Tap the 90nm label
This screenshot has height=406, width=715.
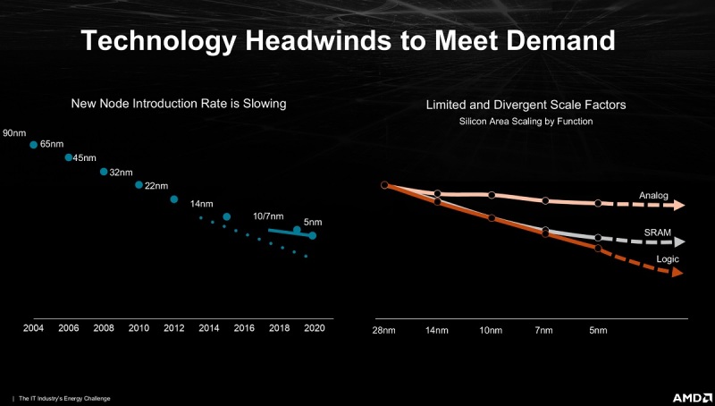coord(13,133)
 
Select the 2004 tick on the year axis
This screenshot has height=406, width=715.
coord(33,329)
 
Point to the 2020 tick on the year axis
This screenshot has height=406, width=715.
coord(315,329)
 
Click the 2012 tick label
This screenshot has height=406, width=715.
coord(174,329)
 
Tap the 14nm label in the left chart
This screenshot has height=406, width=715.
coord(202,204)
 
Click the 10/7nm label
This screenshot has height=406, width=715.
coord(268,216)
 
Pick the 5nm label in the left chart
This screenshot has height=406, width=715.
coord(313,222)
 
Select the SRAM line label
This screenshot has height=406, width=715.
coord(656,232)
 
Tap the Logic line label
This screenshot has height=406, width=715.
coord(668,259)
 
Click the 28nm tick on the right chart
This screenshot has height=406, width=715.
coord(384,330)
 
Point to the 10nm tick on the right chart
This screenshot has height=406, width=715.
coord(492,330)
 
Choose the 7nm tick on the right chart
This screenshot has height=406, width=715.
coord(545,330)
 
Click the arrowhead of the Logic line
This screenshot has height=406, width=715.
coord(677,272)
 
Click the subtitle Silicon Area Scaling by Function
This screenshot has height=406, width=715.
coord(526,121)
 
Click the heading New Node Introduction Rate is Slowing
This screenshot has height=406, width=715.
coord(179,104)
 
